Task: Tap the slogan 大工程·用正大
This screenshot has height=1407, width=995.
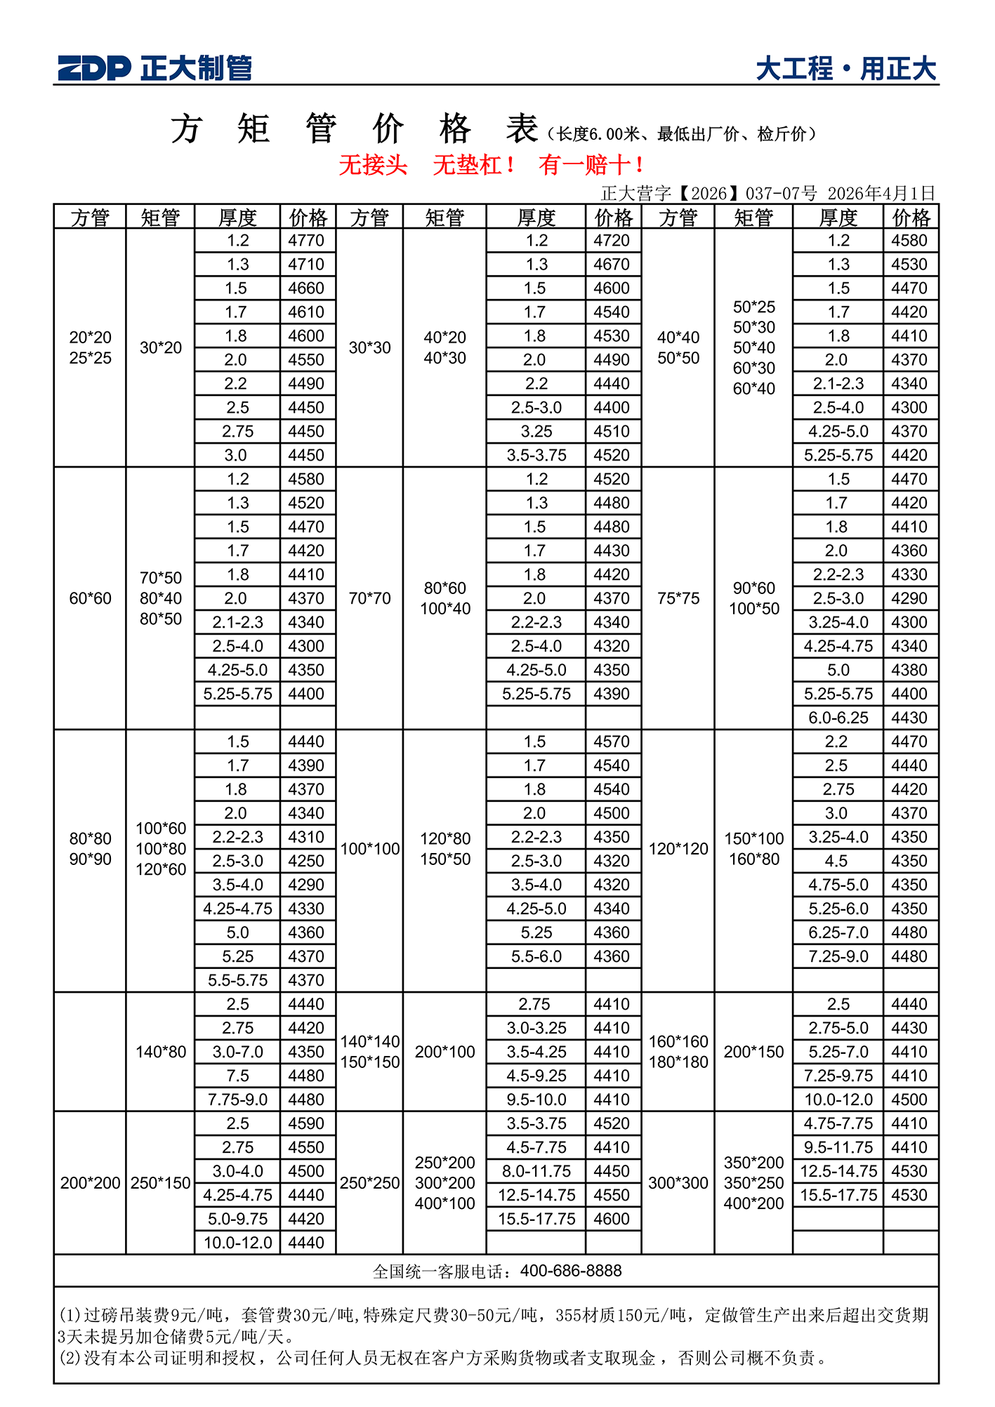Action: click(x=846, y=69)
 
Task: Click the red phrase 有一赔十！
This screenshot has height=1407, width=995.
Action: click(x=591, y=165)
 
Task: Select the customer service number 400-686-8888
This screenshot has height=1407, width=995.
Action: click(x=571, y=1271)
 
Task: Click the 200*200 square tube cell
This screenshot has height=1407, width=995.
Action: click(x=90, y=1183)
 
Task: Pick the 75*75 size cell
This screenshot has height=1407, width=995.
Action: click(x=678, y=598)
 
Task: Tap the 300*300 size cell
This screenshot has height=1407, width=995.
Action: click(x=678, y=1183)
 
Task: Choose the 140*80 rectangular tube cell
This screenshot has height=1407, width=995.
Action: click(x=161, y=1052)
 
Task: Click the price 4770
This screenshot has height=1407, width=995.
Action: click(x=306, y=241)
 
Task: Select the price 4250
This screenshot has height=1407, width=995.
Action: click(x=306, y=861)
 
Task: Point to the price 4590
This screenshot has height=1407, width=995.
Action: click(x=306, y=1123)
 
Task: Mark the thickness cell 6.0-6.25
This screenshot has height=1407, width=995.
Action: click(x=838, y=718)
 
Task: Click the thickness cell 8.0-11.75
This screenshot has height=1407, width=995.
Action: click(x=536, y=1171)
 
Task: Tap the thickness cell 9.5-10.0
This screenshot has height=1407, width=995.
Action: click(x=536, y=1099)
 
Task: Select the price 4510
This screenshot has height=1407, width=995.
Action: click(x=612, y=431)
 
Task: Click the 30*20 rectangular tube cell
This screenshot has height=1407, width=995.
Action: click(x=161, y=348)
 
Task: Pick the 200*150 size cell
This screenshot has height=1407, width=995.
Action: click(x=753, y=1052)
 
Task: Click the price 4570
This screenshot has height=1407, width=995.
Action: click(x=612, y=741)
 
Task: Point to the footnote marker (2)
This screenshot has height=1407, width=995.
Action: click(x=70, y=1358)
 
